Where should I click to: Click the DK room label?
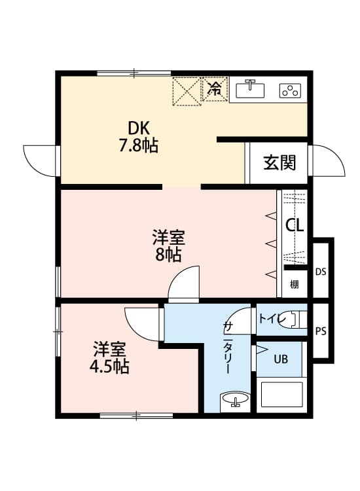(138, 128)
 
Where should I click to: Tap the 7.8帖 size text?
(138, 145)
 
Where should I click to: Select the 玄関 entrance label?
(279, 162)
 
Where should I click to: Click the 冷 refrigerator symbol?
(215, 89)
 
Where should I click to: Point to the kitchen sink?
(250, 89)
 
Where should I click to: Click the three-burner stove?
(290, 90)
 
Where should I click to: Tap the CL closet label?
(295, 225)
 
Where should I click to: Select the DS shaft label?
(321, 272)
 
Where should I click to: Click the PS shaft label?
(321, 331)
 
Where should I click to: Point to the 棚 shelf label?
(294, 284)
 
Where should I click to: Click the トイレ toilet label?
(271, 319)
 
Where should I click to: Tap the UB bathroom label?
(281, 359)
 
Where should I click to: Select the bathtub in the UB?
(281, 395)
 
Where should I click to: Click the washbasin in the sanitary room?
(235, 399)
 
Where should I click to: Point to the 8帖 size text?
(168, 255)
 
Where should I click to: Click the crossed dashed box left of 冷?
(187, 92)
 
